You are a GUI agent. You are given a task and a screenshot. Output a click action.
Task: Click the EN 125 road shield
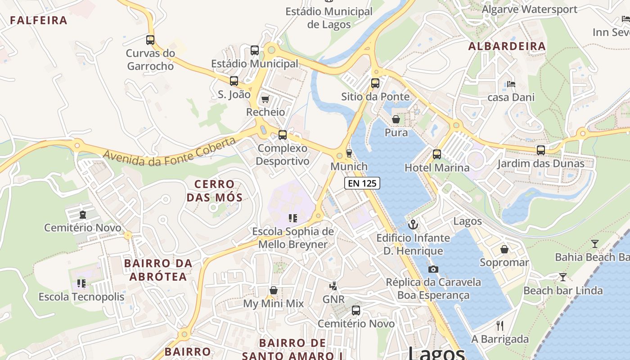[x=362, y=183]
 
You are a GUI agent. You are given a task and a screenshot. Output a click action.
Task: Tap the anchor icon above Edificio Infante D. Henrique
[x=413, y=224]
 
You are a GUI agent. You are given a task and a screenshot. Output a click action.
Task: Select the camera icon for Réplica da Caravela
[x=433, y=269]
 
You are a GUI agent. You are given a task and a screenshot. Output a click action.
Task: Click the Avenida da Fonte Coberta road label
[x=170, y=151]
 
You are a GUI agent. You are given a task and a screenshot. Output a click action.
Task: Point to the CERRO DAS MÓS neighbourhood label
[x=215, y=190]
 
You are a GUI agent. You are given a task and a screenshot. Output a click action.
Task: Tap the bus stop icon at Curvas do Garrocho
[x=150, y=40]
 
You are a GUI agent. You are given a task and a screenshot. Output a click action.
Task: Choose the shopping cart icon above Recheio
[x=265, y=99]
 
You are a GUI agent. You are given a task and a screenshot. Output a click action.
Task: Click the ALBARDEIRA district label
[x=507, y=46]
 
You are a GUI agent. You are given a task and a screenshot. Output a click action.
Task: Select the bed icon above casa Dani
[x=511, y=84]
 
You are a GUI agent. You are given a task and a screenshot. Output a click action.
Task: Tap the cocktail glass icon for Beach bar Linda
[x=562, y=277]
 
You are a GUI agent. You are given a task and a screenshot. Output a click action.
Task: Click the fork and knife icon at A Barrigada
[x=500, y=325]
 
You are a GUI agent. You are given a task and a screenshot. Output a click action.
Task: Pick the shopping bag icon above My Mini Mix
[x=273, y=290]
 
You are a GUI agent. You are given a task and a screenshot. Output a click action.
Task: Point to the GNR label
[x=333, y=299]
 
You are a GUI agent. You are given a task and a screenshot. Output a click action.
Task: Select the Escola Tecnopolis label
[x=81, y=297]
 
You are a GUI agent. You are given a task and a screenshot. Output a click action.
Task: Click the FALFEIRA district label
[x=39, y=20]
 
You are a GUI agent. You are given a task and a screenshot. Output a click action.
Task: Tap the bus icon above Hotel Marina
[x=436, y=154]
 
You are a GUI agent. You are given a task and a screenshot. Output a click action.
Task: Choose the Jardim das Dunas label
[x=540, y=163]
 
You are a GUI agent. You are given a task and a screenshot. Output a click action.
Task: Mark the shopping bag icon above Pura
[x=396, y=119]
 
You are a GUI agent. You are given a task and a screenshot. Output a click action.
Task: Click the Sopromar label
[x=504, y=262]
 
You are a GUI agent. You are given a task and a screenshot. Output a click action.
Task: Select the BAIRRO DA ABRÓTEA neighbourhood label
[x=158, y=270]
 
